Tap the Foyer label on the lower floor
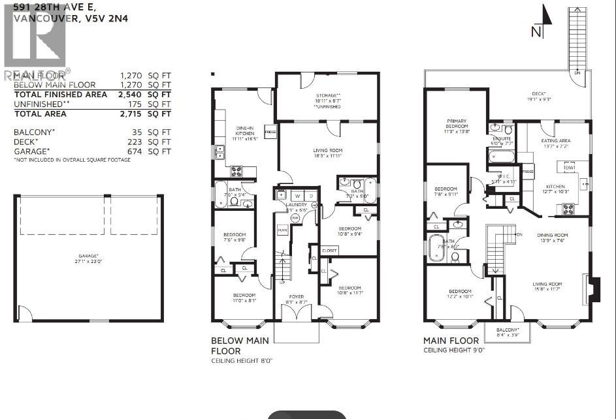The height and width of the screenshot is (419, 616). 297,298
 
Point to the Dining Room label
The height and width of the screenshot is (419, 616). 553,237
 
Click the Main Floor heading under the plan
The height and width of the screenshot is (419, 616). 451,341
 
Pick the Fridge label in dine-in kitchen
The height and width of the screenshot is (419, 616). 269,131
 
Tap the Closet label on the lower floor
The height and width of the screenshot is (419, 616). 329,250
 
